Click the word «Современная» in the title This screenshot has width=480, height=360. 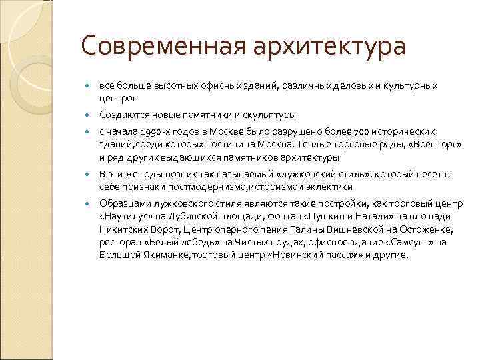[x=161, y=47]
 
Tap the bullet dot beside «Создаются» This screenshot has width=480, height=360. [x=88, y=114]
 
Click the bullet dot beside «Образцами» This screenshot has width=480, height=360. [x=88, y=204]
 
